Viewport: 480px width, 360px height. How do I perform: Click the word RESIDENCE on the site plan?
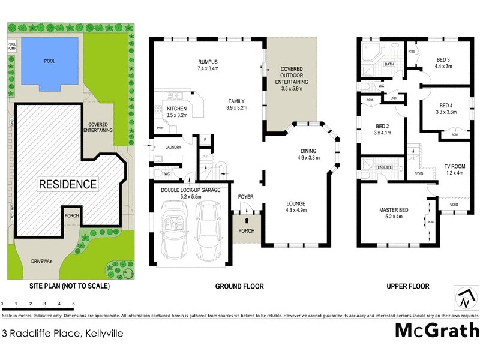pos(68,184)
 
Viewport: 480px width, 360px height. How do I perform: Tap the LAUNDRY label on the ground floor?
pos(173,146)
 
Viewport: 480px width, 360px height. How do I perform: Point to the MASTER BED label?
pos(394,213)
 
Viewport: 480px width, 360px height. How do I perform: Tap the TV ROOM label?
pos(455,169)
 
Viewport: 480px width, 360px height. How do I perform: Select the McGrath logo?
pos(437,331)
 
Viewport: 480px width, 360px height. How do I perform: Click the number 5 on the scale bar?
pos(73,304)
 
